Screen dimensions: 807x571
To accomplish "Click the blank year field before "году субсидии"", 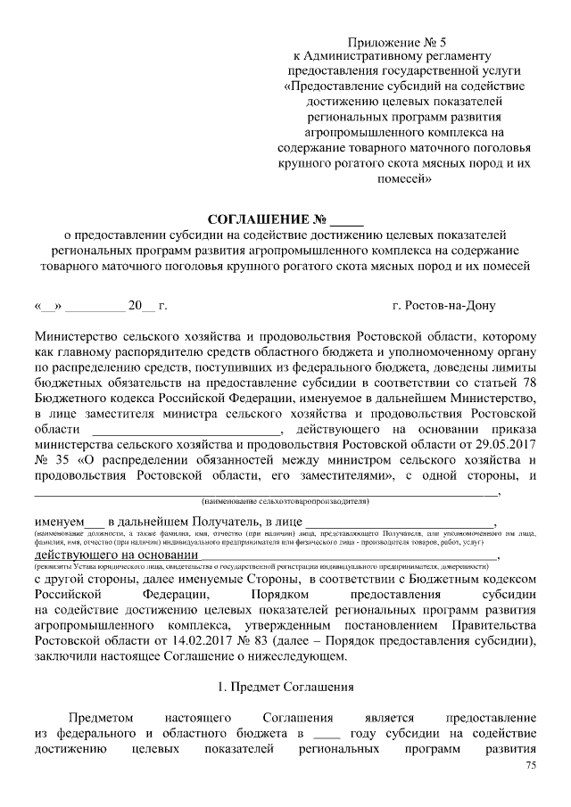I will (327, 732).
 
